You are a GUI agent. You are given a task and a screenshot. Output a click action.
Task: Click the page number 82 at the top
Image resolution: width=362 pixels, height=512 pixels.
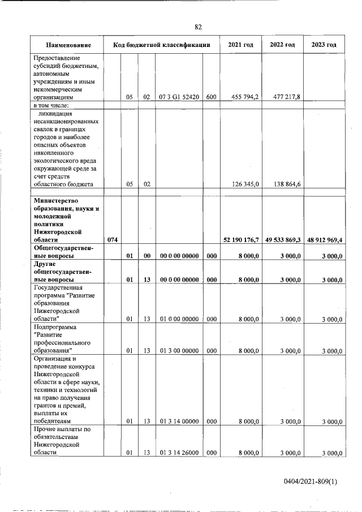tap(198, 27)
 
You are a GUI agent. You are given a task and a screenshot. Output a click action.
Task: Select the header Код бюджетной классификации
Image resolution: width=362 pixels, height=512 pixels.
tap(162, 45)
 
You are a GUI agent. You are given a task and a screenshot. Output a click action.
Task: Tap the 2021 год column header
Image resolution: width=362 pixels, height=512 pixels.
tap(240, 45)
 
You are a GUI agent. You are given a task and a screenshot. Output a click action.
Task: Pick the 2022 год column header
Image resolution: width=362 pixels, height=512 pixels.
tap(282, 45)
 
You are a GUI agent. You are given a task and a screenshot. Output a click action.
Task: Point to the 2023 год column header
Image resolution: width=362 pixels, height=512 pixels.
tap(324, 45)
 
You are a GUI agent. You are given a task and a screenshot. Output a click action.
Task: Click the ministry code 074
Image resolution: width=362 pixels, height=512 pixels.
tap(113, 240)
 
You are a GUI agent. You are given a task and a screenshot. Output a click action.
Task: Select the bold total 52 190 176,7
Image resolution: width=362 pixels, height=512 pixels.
tap(241, 240)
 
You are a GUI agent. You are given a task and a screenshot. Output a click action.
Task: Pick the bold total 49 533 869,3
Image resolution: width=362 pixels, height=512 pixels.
tap(282, 240)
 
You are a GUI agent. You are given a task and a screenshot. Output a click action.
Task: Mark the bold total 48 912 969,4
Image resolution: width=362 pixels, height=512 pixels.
tap(324, 240)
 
